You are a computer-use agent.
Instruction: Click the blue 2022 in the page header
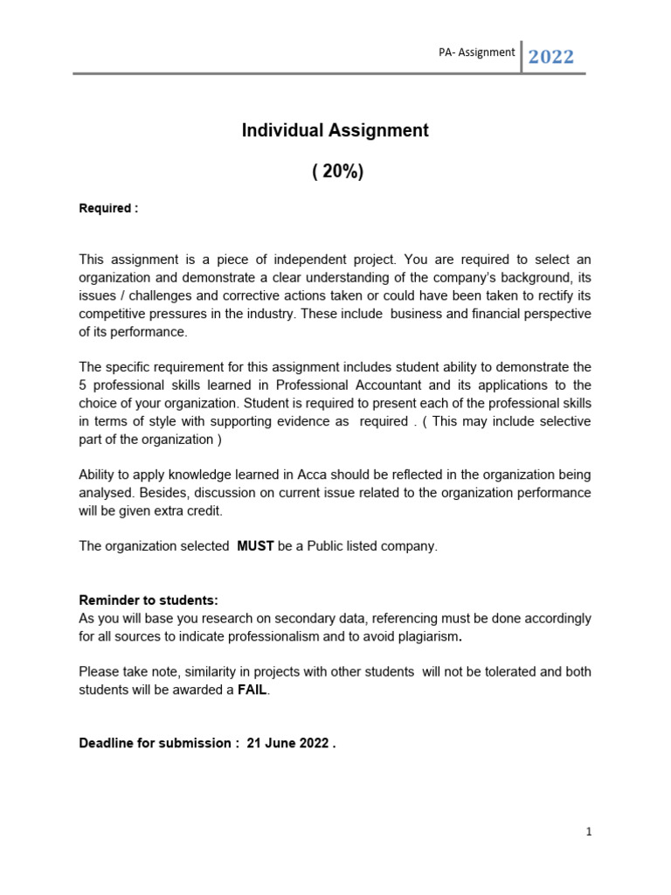pyautogui.click(x=550, y=58)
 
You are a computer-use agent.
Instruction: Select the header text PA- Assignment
pyautogui.click(x=477, y=52)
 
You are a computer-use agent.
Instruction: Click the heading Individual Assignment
pyautogui.click(x=335, y=130)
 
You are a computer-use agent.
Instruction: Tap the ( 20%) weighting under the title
pyautogui.click(x=336, y=172)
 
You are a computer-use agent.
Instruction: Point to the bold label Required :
pyautogui.click(x=108, y=209)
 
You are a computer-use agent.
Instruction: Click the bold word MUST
pyautogui.click(x=256, y=546)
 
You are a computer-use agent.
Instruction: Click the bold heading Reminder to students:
pyautogui.click(x=149, y=600)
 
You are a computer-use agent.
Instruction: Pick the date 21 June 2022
pyautogui.click(x=287, y=744)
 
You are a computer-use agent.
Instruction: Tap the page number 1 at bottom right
pyautogui.click(x=589, y=832)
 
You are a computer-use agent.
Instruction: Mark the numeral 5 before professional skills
pyautogui.click(x=83, y=385)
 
